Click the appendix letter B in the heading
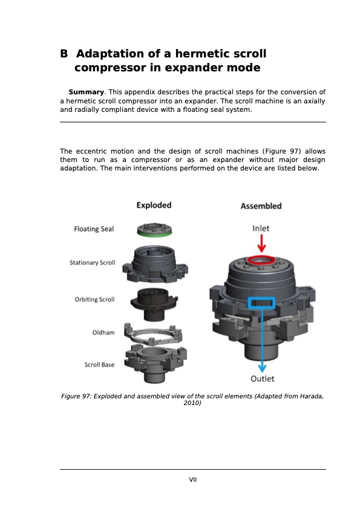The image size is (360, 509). [x=64, y=54]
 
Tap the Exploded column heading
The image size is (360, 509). [x=154, y=205]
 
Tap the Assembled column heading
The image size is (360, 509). [x=261, y=206]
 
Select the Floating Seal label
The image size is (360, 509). [x=94, y=229]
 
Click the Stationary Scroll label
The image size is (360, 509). [x=92, y=263]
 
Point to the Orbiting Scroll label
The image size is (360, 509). [x=94, y=300]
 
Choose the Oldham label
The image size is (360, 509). [x=103, y=332]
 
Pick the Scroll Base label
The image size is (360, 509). [x=99, y=365]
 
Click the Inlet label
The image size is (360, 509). [x=261, y=228]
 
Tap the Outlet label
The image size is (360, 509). [x=263, y=378]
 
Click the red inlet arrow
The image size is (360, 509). [x=261, y=243]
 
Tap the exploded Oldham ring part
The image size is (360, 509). [x=154, y=332]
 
